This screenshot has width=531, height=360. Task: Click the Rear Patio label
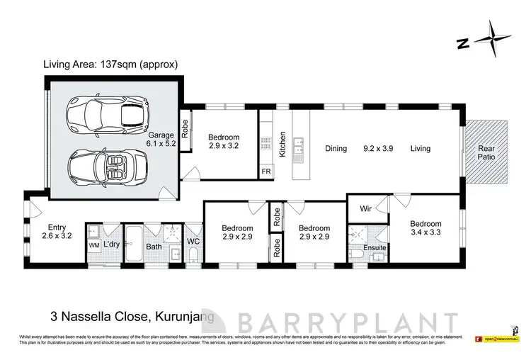point(488,153)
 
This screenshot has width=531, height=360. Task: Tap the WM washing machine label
point(94,245)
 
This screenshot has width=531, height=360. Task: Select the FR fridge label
point(265,171)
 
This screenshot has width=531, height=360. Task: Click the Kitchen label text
point(281,144)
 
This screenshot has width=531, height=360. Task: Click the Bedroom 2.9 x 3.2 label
point(224,142)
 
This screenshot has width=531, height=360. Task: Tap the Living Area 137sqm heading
point(111,64)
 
